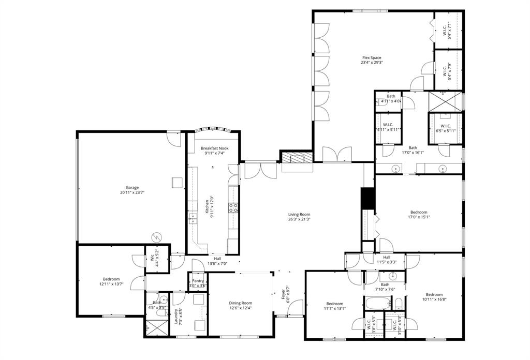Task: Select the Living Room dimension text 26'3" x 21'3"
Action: (299, 219)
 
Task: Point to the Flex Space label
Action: (372, 57)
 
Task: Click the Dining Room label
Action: (240, 303)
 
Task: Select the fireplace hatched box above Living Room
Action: (297, 158)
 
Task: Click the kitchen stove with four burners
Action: (233, 208)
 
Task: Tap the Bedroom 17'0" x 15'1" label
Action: (419, 212)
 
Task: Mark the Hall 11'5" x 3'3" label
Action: (387, 257)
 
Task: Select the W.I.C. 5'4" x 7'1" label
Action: (448, 31)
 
